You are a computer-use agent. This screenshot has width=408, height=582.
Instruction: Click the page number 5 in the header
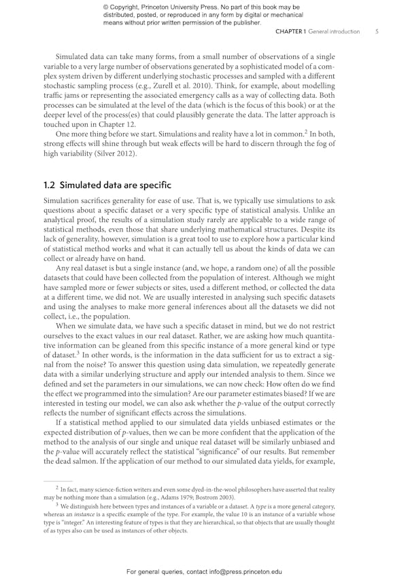(x=376, y=32)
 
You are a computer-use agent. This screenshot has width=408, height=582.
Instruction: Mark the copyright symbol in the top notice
(x=106, y=7)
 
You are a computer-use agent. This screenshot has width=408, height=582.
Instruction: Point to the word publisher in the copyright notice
(x=243, y=22)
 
